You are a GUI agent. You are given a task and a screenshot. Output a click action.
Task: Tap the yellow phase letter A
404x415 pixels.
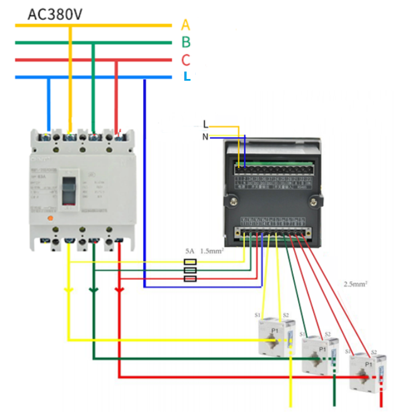(185, 25)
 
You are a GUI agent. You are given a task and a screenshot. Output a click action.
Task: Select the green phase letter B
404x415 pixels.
(186, 42)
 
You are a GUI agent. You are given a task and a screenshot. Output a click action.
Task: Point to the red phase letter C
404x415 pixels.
(185, 60)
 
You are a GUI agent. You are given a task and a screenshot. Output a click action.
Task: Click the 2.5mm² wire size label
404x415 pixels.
(355, 283)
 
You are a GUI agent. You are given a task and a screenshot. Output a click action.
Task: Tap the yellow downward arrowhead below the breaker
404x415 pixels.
(69, 291)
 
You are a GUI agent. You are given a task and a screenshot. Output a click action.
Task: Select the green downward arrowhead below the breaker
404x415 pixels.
(94, 291)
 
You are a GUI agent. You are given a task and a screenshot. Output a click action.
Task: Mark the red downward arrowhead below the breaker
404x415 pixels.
(119, 291)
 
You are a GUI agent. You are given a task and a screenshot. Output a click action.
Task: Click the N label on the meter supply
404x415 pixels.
(205, 137)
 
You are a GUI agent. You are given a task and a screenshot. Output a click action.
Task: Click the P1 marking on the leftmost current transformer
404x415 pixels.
(275, 330)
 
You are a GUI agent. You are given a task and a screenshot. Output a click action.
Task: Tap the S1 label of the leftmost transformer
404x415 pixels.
(258, 315)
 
